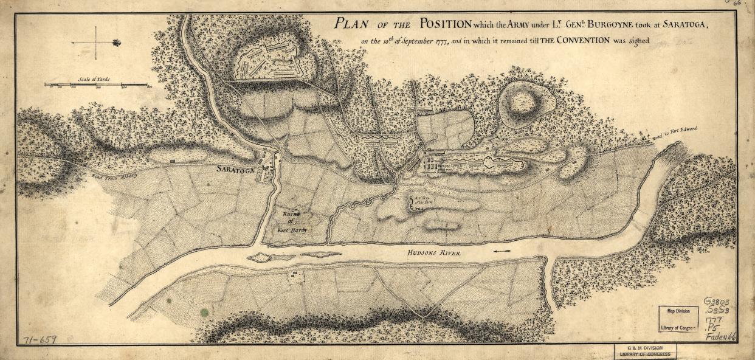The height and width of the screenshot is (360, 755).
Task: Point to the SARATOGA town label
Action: [x=233, y=171]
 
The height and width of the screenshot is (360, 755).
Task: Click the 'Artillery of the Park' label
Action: [x=423, y=201]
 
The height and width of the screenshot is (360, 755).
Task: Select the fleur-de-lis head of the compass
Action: [x=116, y=43]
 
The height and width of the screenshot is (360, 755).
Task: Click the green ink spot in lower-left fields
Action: [x=205, y=312]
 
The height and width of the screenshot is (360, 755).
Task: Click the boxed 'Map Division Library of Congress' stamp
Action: [x=679, y=319]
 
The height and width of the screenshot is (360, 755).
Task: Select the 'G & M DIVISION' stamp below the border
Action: [x=646, y=351]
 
